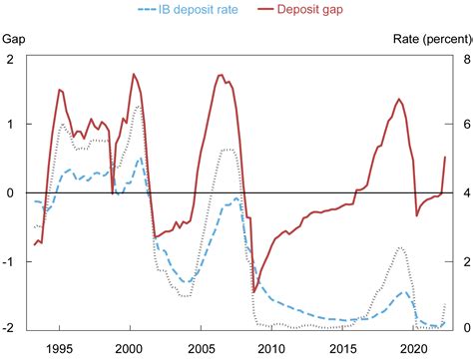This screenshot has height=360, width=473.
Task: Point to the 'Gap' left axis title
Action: pyautogui.click(x=14, y=39)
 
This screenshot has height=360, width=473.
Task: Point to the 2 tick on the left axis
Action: pyautogui.click(x=10, y=61)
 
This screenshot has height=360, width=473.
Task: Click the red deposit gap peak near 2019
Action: pyautogui.click(x=399, y=99)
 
